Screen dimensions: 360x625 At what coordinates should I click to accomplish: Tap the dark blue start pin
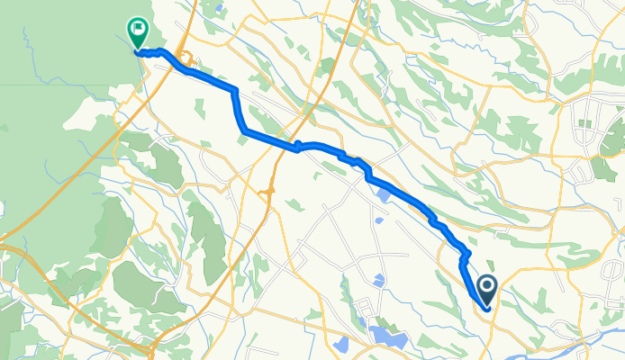(487, 288)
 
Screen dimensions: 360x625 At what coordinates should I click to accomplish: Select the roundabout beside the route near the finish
(186, 60)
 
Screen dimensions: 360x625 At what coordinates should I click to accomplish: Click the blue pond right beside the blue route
(385, 194)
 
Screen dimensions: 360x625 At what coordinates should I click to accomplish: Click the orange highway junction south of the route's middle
(267, 191)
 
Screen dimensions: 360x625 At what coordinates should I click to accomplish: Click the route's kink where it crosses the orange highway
(298, 147)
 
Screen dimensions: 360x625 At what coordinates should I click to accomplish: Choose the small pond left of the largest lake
(340, 345)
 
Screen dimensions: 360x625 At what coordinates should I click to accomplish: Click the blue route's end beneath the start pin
(487, 309)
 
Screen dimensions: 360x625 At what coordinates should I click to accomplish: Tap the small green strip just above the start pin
(484, 261)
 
